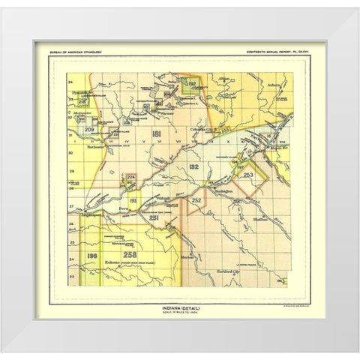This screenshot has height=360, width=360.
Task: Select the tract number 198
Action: pos(93,256)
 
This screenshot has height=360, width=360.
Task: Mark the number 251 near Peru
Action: pos(153,217)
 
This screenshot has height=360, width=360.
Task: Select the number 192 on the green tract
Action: pos(191,84)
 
